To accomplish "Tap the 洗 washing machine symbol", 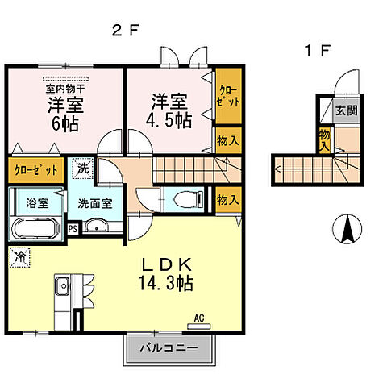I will [83, 169].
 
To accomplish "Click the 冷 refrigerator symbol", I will [18, 257].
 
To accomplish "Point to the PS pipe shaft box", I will [73, 228].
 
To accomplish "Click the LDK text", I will [168, 265].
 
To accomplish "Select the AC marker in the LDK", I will [199, 318].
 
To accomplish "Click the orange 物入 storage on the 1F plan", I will [324, 140].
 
